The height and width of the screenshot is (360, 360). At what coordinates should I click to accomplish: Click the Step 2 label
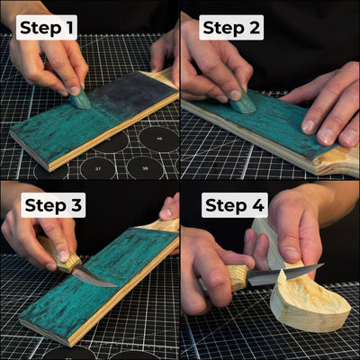pos(231,28)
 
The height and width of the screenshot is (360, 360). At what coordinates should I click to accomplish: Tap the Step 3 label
pos(50,205)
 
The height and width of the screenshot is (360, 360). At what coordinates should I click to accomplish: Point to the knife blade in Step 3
pos(94,277)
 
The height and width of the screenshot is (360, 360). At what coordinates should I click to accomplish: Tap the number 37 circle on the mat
pos(96,166)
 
